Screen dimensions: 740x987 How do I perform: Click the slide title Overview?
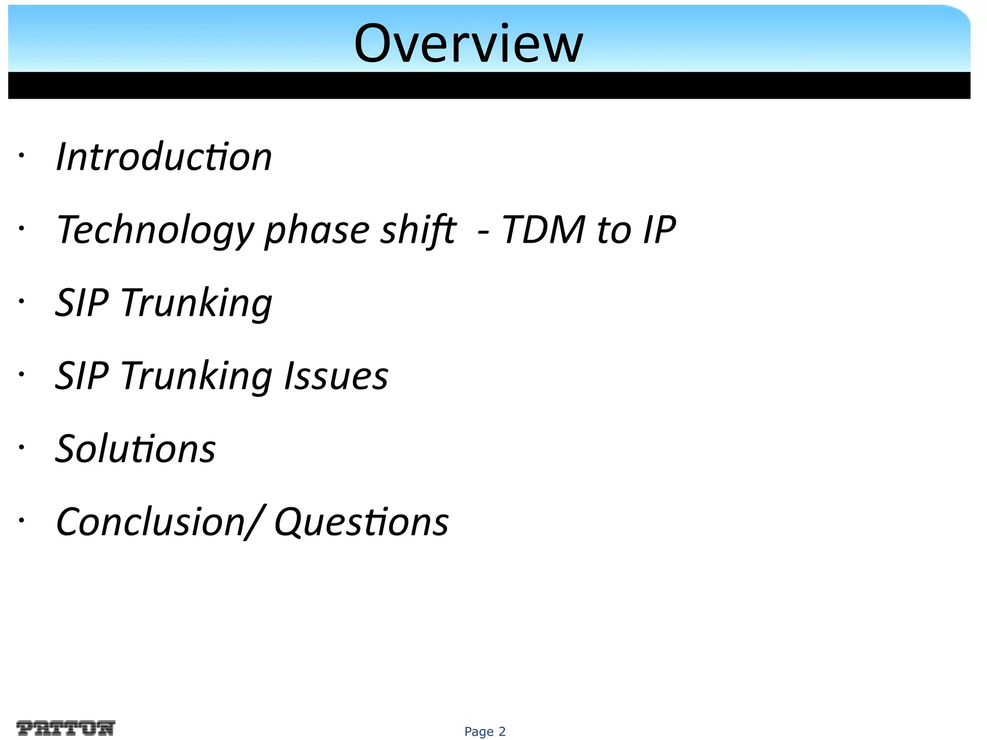tap(468, 44)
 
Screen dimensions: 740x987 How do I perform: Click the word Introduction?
tap(164, 157)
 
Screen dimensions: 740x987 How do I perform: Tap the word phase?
tap(317, 230)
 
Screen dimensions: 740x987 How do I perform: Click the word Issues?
tap(336, 376)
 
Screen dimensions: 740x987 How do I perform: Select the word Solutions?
tap(135, 449)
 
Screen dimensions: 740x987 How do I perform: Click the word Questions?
tap(361, 522)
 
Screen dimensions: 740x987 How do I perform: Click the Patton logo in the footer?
tap(66, 727)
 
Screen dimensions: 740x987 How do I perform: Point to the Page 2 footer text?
tap(485, 731)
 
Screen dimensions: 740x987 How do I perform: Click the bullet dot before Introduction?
tap(21, 156)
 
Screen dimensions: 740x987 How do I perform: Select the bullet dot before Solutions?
tap(21, 448)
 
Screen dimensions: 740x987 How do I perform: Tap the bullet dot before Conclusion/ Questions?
tap(21, 520)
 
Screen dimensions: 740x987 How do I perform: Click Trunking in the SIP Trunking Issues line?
tap(196, 377)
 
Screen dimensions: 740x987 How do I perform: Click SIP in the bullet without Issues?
tap(82, 303)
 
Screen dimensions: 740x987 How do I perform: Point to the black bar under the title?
tap(489, 85)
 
